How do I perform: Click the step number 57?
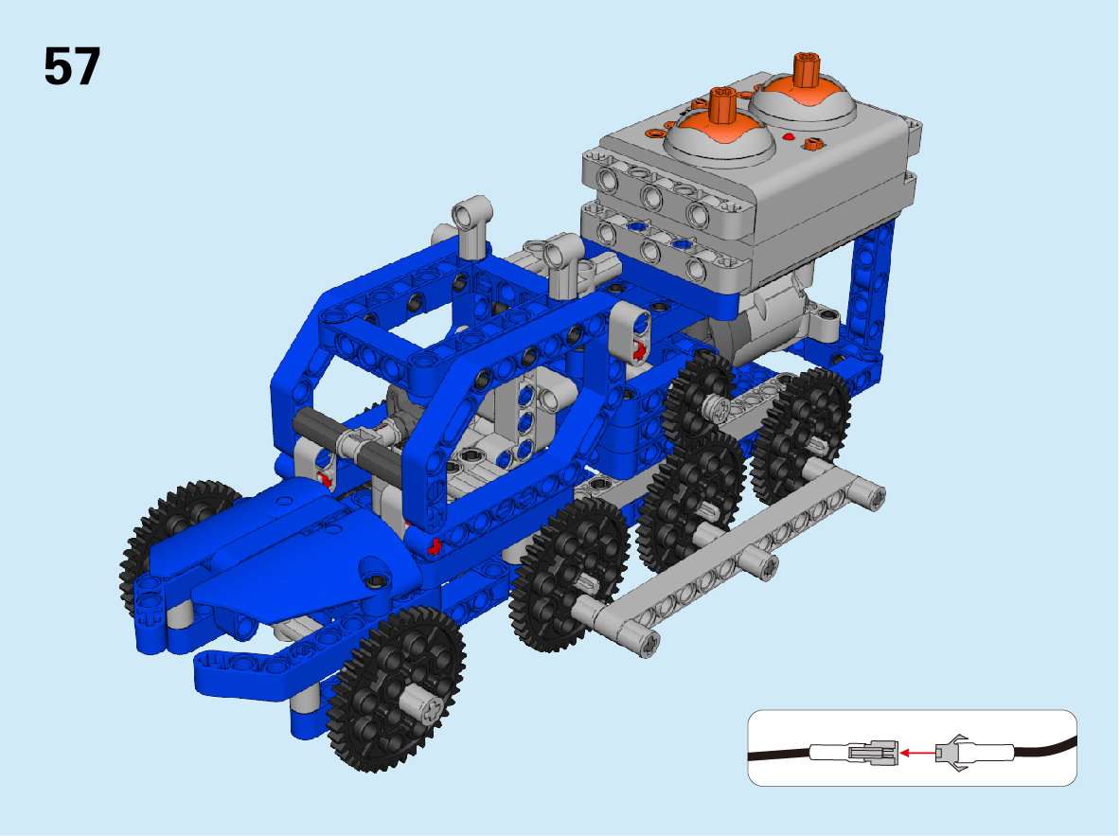click(72, 66)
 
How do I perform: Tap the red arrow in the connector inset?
click(917, 753)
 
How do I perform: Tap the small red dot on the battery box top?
click(789, 136)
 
